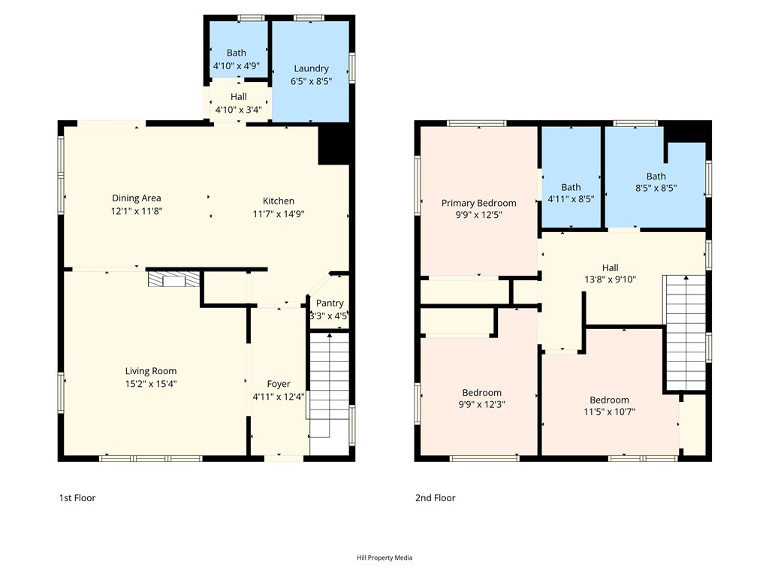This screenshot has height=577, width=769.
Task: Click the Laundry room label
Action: pyautogui.click(x=311, y=68)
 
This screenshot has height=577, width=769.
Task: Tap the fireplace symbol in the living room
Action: pyautogui.click(x=174, y=280)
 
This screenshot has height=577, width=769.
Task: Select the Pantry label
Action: pyautogui.click(x=330, y=304)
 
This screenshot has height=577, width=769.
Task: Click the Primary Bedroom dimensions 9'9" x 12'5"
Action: pyautogui.click(x=478, y=216)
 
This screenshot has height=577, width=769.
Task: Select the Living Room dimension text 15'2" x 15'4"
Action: pyautogui.click(x=151, y=384)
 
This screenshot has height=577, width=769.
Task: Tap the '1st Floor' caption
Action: pyautogui.click(x=77, y=498)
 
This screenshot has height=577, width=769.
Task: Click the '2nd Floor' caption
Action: pyautogui.click(x=436, y=498)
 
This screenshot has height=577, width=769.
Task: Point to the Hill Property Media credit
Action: pyautogui.click(x=384, y=557)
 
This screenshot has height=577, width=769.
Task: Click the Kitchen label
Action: pyautogui.click(x=279, y=201)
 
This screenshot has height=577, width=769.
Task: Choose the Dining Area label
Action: pyautogui.click(x=137, y=198)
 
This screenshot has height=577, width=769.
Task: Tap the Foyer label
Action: pyautogui.click(x=279, y=384)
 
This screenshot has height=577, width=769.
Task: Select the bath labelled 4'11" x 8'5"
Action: pyautogui.click(x=571, y=193)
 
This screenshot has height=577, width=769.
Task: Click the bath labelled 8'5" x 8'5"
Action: pyautogui.click(x=656, y=183)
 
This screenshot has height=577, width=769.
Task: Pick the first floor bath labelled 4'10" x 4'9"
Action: pyautogui.click(x=237, y=59)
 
